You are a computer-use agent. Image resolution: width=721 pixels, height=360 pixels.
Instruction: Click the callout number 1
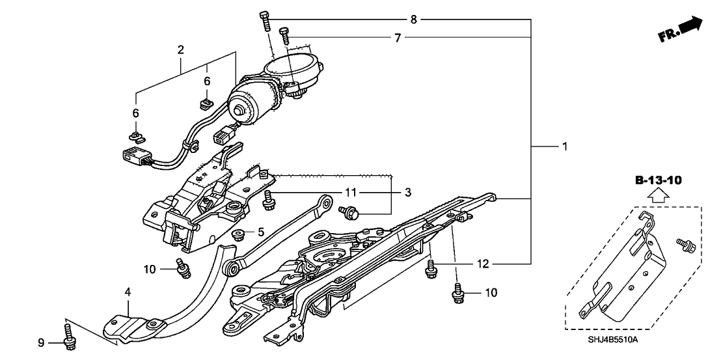pyautogui.click(x=565, y=147)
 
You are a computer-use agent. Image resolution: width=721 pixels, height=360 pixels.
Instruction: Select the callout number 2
pyautogui.click(x=180, y=49)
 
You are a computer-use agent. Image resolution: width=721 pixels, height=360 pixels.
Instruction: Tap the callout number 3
pyautogui.click(x=409, y=193)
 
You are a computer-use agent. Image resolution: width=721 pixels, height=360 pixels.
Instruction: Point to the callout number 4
pyautogui.click(x=128, y=293)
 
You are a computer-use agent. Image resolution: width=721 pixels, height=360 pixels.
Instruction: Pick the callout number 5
pyautogui.click(x=261, y=231)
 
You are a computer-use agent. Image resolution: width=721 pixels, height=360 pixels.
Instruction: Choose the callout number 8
pyautogui.click(x=413, y=20)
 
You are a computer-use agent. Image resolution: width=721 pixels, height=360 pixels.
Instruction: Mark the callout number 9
pyautogui.click(x=40, y=342)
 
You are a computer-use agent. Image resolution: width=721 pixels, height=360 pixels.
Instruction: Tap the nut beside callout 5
pyautogui.click(x=238, y=234)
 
